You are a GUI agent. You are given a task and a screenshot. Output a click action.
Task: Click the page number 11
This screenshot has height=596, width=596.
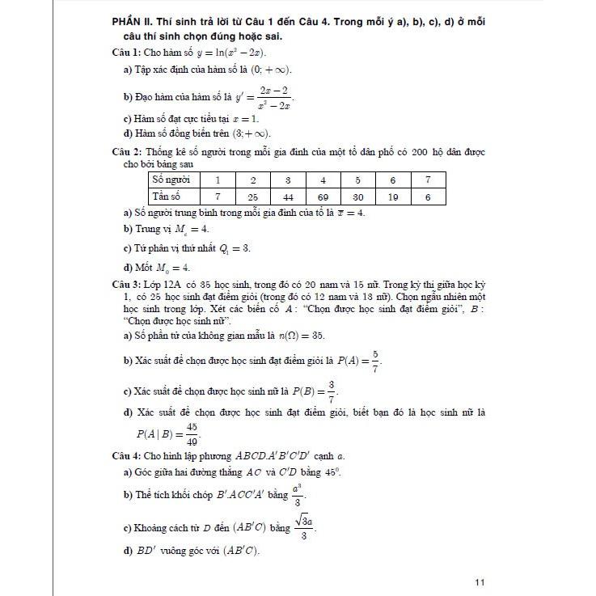coord(480,581)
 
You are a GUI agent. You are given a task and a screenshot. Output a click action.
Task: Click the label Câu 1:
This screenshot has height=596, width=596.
coord(127,53)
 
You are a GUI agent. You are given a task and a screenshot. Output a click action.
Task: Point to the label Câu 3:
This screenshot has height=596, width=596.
coord(127,286)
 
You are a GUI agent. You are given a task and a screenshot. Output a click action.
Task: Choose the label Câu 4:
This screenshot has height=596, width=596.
coord(127,456)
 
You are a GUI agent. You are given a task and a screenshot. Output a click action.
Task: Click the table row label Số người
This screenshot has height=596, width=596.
coord(171,180)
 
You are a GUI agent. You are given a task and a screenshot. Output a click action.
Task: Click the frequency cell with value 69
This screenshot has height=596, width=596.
coord(323,196)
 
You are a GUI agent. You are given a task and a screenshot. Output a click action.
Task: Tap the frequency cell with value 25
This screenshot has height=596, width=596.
coord(252,196)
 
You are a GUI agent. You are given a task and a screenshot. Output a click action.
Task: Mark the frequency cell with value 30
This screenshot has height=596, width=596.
coord(357,196)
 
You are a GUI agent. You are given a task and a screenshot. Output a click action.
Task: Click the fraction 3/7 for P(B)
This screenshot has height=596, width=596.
coord(332,391)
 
